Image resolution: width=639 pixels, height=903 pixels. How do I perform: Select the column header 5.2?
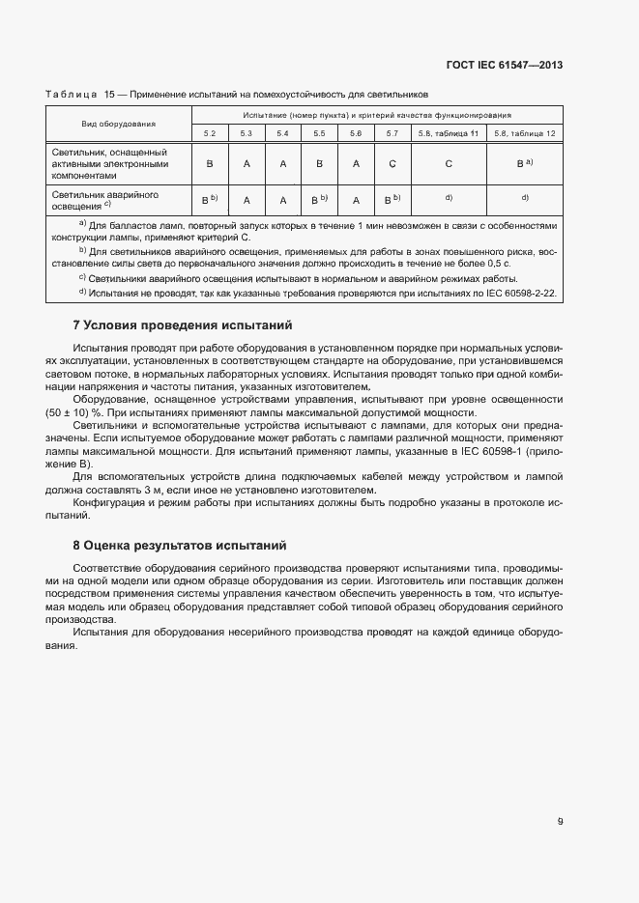coord(210,132)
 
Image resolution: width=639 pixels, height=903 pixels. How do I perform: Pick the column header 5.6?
coord(356,132)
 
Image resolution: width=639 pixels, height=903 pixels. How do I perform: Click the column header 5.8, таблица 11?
coord(449,132)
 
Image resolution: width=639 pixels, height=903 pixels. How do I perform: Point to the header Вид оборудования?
coord(119,124)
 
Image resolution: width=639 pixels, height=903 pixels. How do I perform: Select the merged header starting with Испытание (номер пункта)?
coord(376,115)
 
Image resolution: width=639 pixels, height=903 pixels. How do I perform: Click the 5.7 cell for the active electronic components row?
coord(392,164)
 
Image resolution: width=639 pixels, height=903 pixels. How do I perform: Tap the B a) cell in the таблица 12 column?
coord(524,164)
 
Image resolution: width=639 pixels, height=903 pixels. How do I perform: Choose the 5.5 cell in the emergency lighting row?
coord(319,200)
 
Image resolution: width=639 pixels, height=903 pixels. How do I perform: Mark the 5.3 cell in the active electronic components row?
coord(247,164)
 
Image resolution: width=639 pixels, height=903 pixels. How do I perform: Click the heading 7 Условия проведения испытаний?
coord(183,325)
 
